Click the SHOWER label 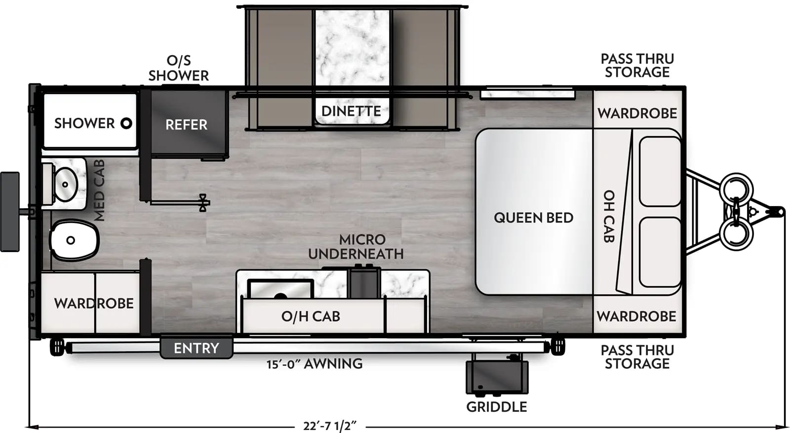click(84, 123)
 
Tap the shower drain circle click(126, 123)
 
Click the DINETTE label click(351, 111)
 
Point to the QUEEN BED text click(533, 217)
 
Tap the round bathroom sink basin click(65, 184)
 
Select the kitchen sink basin click(280, 289)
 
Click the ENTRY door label click(196, 348)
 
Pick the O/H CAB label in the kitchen click(311, 316)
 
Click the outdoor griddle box click(497, 377)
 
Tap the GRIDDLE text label click(497, 407)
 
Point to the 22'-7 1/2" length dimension click(329, 426)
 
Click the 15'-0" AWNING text click(315, 364)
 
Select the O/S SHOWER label click(178, 68)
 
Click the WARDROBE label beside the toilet click(94, 303)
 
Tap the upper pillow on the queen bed click(660, 171)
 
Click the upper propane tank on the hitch click(736, 188)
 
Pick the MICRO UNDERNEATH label click(356, 247)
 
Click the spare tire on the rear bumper click(10, 212)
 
